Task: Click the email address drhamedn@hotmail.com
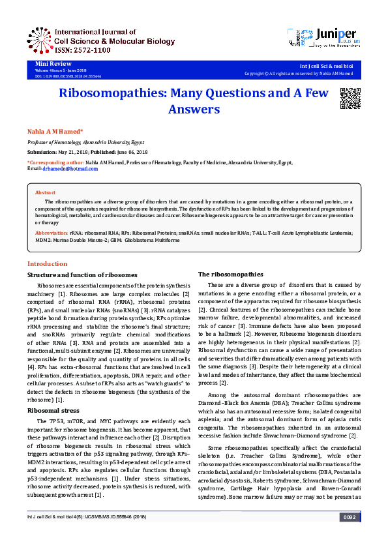[70, 169]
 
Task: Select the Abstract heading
[45, 193]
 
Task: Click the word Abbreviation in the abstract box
[52, 233]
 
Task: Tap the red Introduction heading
[48, 264]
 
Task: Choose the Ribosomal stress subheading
[53, 411]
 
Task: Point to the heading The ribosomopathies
[230, 274]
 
